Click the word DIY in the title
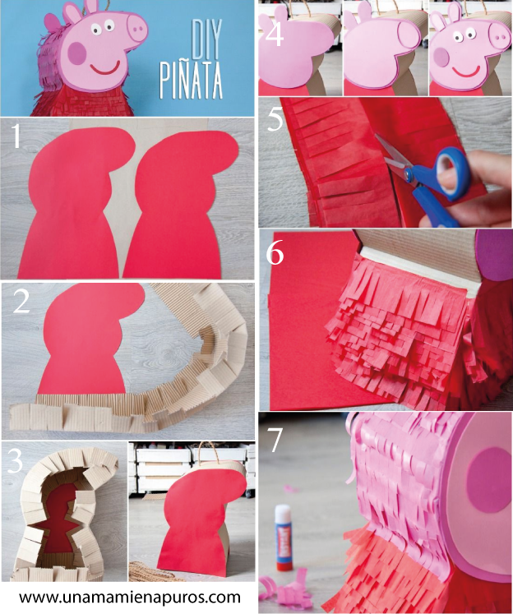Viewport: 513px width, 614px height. (x=207, y=39)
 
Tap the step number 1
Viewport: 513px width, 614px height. (x=16, y=136)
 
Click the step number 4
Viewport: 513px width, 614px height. (x=274, y=34)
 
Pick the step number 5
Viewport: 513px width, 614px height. (x=275, y=118)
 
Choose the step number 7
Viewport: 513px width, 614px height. (x=275, y=440)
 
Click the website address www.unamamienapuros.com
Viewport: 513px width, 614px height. (x=130, y=598)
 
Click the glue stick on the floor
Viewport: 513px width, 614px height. (x=284, y=538)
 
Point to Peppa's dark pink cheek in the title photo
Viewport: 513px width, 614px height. (x=76, y=53)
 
